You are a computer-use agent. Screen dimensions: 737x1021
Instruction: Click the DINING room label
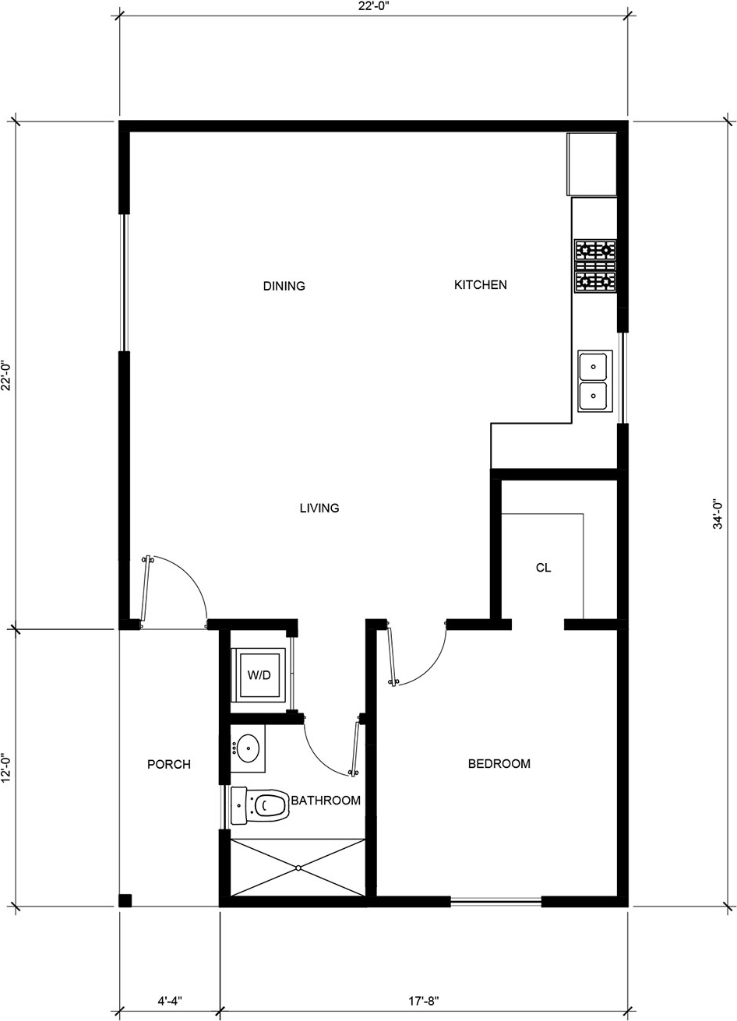point(284,286)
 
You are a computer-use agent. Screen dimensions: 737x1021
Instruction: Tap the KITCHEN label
point(480,285)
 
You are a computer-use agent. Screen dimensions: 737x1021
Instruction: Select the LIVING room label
point(319,508)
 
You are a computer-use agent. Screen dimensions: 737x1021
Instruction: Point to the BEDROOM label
point(499,763)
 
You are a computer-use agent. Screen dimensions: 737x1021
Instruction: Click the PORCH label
point(169,764)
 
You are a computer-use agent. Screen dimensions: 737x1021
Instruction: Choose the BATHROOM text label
point(326,800)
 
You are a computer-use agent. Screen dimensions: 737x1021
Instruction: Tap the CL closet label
point(543,568)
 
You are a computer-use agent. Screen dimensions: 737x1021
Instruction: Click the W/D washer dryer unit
point(259,675)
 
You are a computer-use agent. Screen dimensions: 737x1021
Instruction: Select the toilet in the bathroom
point(260,806)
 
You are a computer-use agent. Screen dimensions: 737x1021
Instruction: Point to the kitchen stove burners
point(595,266)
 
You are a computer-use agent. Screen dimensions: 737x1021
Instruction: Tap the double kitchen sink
point(594,381)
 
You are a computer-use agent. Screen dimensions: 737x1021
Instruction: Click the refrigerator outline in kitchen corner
point(591,164)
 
